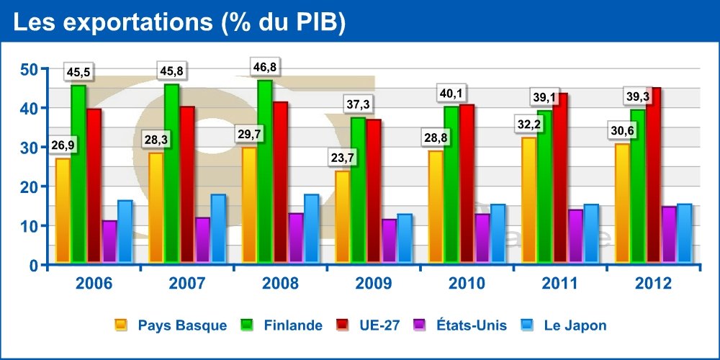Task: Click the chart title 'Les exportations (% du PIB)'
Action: pos(180,22)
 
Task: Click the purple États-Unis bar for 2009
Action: pos(390,241)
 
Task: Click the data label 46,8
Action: pos(264,68)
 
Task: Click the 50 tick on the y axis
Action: pos(29,70)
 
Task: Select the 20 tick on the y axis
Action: pos(29,187)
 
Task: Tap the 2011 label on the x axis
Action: pos(560,284)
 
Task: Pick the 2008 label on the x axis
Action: pos(281,284)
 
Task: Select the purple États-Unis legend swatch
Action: pos(418,325)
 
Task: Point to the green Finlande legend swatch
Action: pos(246,325)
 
